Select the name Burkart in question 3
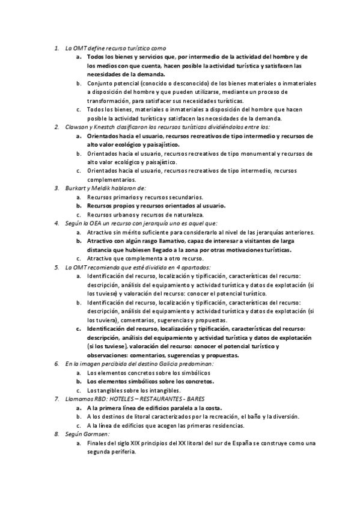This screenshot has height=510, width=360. tap(75, 188)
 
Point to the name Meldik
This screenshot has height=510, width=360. tap(99, 188)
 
